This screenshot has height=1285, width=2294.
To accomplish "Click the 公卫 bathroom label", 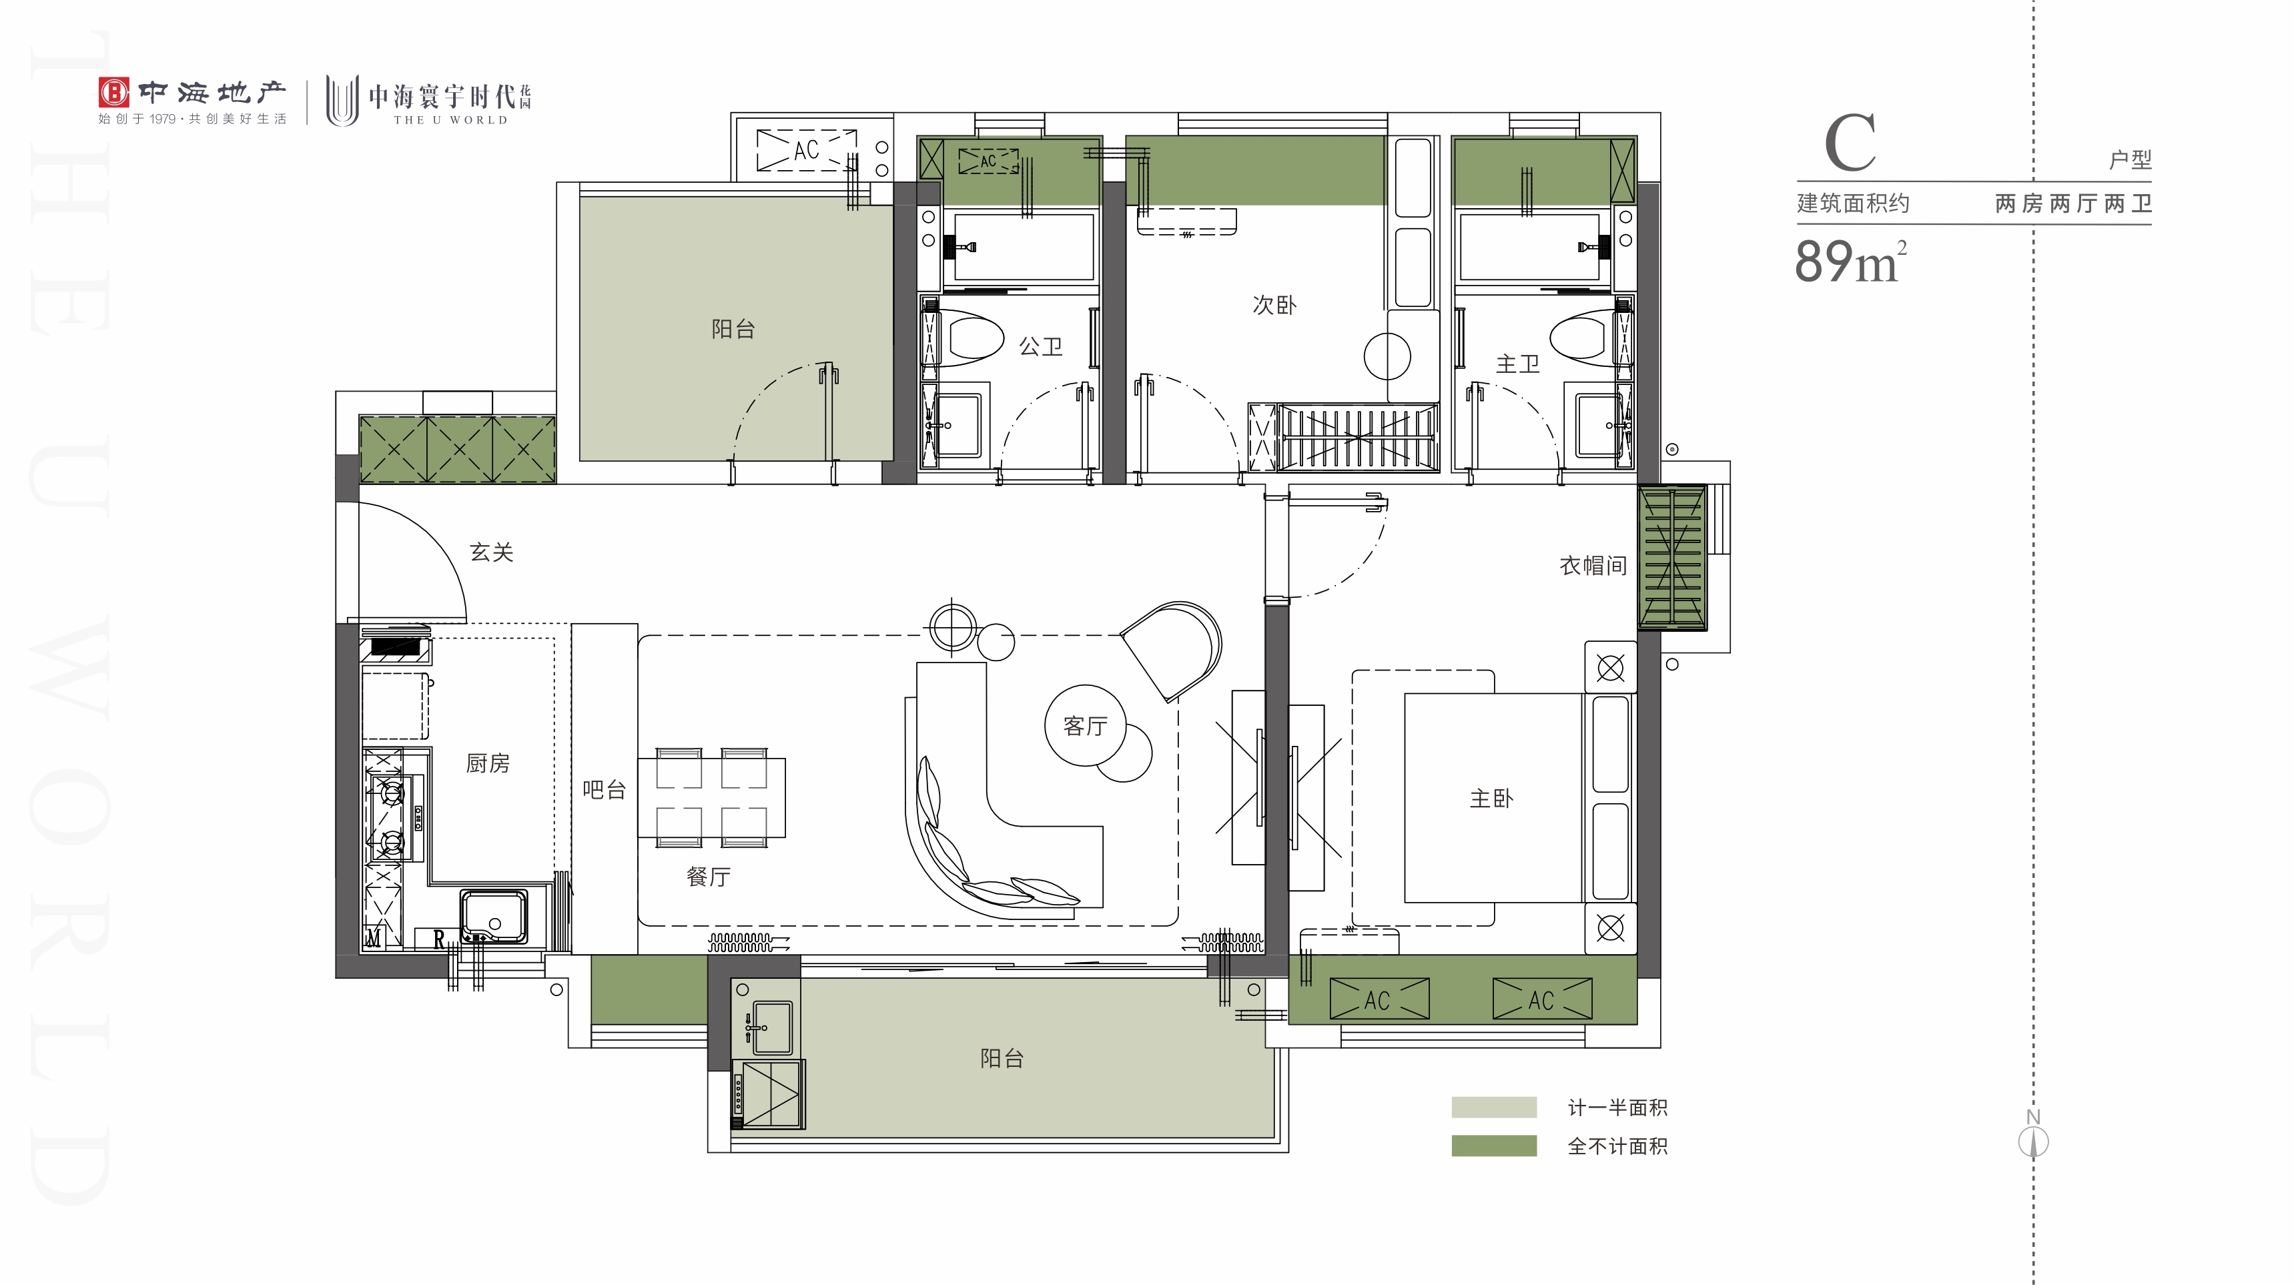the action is coord(1040,346).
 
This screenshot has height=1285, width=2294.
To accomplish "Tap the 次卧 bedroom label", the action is coord(1274,306).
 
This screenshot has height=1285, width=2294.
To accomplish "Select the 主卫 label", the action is coord(1517,364).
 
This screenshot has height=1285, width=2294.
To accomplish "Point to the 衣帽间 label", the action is coord(1593,566).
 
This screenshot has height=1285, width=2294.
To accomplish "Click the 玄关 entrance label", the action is coord(492,552).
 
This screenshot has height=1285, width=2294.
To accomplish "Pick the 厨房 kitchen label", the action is coord(488,763).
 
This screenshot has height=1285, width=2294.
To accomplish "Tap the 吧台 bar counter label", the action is coord(604,790).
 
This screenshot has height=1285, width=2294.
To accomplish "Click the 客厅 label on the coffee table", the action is coord(1085,727).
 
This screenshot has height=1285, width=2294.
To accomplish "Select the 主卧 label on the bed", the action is coord(1492,799).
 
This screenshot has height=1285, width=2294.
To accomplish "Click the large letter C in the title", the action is coord(1850,143).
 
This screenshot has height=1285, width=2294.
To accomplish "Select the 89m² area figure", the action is coord(1850,261).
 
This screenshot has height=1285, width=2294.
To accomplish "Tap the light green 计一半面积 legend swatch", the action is coord(1493,1107).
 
